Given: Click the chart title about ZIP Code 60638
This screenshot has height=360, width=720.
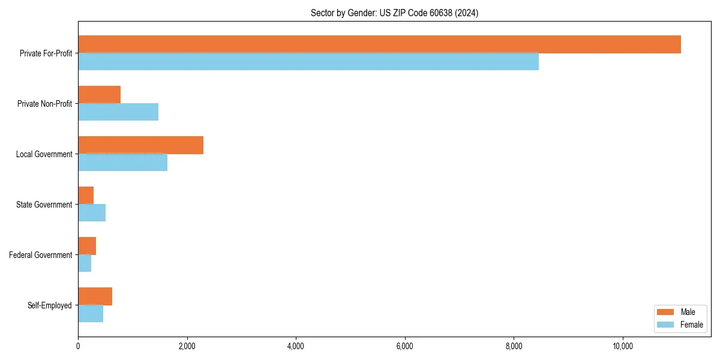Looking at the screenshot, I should pyautogui.click(x=394, y=13).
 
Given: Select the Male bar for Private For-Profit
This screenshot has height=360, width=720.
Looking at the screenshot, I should pyautogui.click(x=379, y=44).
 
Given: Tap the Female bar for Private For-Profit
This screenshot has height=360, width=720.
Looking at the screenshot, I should pyautogui.click(x=308, y=62).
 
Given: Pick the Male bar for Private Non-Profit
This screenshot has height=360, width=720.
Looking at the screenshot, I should pyautogui.click(x=99, y=95).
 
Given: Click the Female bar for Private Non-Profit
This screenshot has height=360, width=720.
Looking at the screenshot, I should pyautogui.click(x=118, y=112).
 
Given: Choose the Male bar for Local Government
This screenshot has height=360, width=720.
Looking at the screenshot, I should pyautogui.click(x=140, y=145).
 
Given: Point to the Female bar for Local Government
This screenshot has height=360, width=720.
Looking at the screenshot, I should pyautogui.click(x=122, y=163).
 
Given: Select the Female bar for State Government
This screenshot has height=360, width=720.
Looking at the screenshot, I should pyautogui.click(x=92, y=213).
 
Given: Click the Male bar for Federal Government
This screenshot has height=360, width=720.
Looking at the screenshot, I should pyautogui.click(x=87, y=246).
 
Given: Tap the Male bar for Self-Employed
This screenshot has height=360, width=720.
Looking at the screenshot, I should pyautogui.click(x=95, y=296).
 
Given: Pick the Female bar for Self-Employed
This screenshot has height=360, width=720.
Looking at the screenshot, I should pyautogui.click(x=91, y=314).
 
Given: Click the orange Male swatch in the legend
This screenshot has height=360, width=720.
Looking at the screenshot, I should pyautogui.click(x=666, y=312).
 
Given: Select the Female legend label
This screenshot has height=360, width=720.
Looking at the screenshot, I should pyautogui.click(x=691, y=325).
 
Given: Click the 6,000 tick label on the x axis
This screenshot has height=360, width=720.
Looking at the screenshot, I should pyautogui.click(x=405, y=346).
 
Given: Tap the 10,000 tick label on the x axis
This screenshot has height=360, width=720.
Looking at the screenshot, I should pyautogui.click(x=623, y=346).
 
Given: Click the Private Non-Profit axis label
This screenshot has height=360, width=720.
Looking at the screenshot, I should pyautogui.click(x=44, y=104).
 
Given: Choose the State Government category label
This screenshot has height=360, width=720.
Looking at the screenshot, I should pyautogui.click(x=44, y=205).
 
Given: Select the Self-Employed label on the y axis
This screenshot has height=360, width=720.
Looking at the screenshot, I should pyautogui.click(x=49, y=305).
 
